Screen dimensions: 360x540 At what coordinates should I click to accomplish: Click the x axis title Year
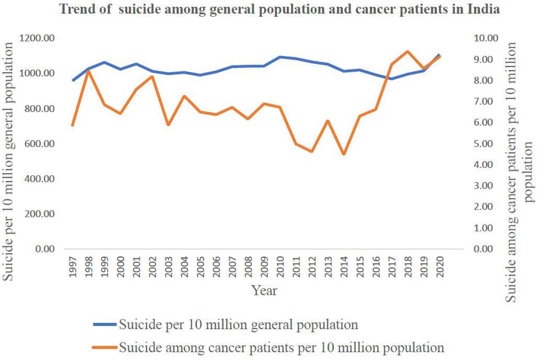[x=265, y=290]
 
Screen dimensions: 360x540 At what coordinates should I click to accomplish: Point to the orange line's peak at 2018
[x=408, y=51]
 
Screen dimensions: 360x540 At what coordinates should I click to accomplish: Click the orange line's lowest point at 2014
[x=343, y=154]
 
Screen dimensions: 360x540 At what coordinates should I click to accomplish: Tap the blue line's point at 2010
[x=280, y=57]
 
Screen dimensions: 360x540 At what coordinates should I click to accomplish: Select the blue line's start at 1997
[x=73, y=81]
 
